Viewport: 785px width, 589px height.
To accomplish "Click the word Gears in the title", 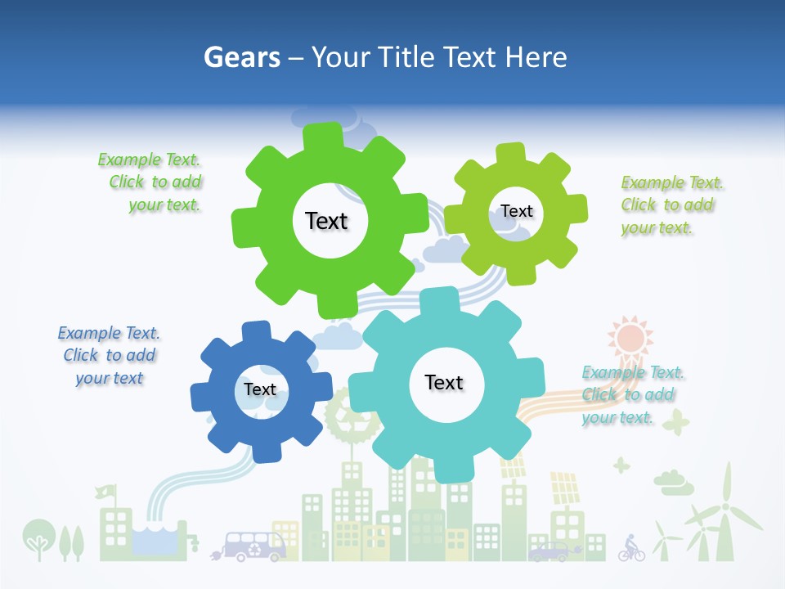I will [x=241, y=57].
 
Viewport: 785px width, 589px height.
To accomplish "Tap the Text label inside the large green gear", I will [x=326, y=221].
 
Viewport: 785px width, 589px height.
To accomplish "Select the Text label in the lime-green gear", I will [x=517, y=211].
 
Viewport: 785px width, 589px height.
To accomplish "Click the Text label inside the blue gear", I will [x=260, y=389].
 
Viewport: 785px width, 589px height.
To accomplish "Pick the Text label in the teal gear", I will [x=444, y=382].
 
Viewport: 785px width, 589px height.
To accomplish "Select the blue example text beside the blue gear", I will [x=109, y=356].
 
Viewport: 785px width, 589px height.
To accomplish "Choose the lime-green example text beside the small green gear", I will [x=671, y=205].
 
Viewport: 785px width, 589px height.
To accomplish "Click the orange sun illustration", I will [x=630, y=337].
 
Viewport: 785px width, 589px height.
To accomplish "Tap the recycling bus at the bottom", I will [x=255, y=546].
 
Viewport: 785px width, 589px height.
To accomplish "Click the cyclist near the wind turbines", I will [x=630, y=547].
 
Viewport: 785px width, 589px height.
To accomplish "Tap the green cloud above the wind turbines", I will [x=674, y=483].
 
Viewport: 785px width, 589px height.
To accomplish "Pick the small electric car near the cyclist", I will [x=549, y=552].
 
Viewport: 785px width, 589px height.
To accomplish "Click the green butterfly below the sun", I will [x=675, y=422].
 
